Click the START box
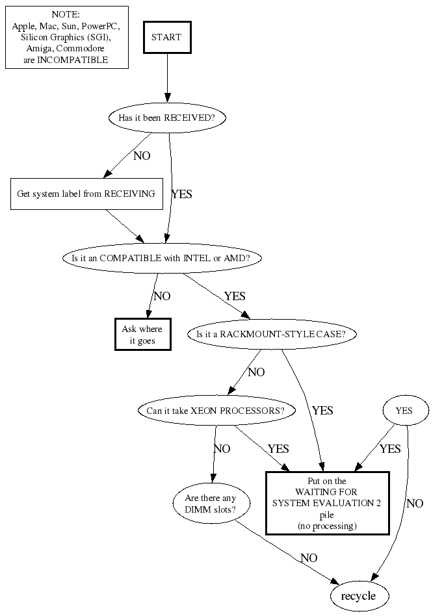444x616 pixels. tap(167, 38)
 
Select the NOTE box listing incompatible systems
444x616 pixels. tap(66, 37)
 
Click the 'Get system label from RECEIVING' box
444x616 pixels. tap(86, 194)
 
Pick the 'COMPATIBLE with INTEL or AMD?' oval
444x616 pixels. tap(161, 258)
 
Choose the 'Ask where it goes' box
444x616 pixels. tap(142, 335)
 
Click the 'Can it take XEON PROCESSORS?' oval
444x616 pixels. tap(215, 411)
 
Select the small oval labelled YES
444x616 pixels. tap(404, 411)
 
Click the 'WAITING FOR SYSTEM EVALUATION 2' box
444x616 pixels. tap(327, 503)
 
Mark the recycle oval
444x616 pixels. tap(359, 596)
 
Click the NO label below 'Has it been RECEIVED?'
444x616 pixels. tap(141, 156)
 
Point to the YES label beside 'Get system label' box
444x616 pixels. tap(181, 194)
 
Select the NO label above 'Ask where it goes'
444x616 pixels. tap(162, 296)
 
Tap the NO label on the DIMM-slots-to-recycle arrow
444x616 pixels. tap(309, 558)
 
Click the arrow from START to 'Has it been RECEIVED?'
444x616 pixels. tap(167, 78)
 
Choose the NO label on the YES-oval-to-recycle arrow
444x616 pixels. tap(415, 503)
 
